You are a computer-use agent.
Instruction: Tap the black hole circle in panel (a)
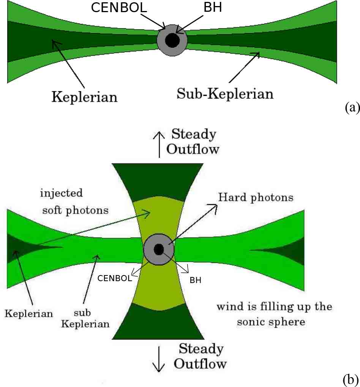[172, 40]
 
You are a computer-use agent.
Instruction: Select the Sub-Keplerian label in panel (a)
[225, 93]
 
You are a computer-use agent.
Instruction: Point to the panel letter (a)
[352, 108]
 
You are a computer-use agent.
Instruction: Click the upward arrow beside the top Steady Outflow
[159, 144]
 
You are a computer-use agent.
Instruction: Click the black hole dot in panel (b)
[158, 249]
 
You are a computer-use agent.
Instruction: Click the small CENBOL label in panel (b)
[115, 278]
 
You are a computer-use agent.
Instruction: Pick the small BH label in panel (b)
[196, 281]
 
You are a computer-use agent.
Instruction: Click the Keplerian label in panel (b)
[29, 313]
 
